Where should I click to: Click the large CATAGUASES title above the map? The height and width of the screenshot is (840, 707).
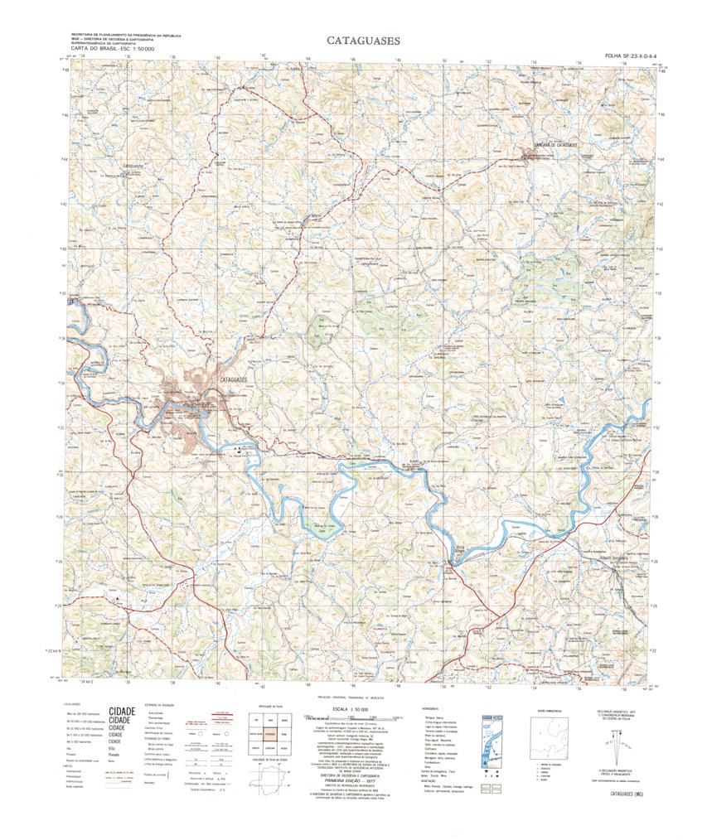[x=363, y=40]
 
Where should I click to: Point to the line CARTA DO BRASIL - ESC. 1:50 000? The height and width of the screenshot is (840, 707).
[x=114, y=50]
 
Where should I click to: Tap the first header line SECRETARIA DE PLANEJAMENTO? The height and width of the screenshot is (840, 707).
[x=127, y=35]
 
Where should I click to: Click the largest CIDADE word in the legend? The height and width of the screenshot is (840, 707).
[x=122, y=711]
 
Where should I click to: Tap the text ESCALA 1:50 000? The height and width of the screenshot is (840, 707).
[x=354, y=710]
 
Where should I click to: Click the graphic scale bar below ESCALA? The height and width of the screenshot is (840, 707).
[x=354, y=717]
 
